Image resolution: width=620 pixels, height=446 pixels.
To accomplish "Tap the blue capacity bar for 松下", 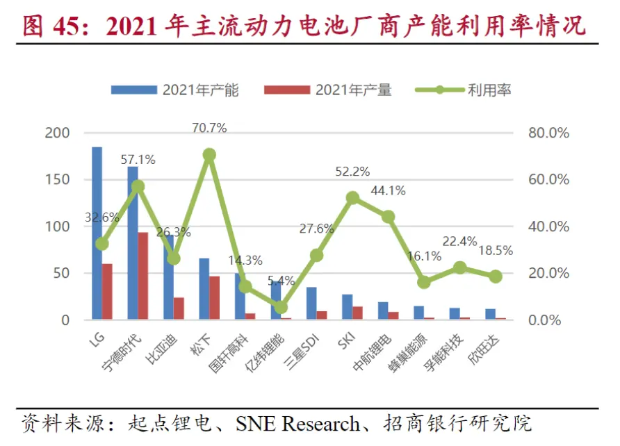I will click(x=204, y=289).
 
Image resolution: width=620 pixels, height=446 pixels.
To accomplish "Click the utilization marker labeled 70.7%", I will click(x=209, y=155).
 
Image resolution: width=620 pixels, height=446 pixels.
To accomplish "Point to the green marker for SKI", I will click(x=352, y=198).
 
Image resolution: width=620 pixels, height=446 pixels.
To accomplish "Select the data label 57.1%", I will click(x=138, y=160).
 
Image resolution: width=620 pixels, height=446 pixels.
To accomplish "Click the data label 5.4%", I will click(x=281, y=281).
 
